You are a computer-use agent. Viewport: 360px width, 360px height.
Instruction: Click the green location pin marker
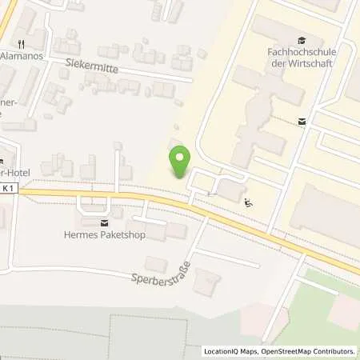(180, 162)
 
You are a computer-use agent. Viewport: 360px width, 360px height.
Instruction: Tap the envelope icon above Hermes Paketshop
(103, 222)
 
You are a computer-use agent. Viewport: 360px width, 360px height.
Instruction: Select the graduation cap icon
(301, 40)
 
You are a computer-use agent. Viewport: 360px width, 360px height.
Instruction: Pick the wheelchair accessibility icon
(248, 202)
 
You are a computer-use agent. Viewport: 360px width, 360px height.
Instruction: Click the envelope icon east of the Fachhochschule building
(302, 122)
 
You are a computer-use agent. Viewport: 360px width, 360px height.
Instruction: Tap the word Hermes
(78, 234)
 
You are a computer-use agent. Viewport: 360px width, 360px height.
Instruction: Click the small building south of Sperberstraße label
(209, 282)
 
